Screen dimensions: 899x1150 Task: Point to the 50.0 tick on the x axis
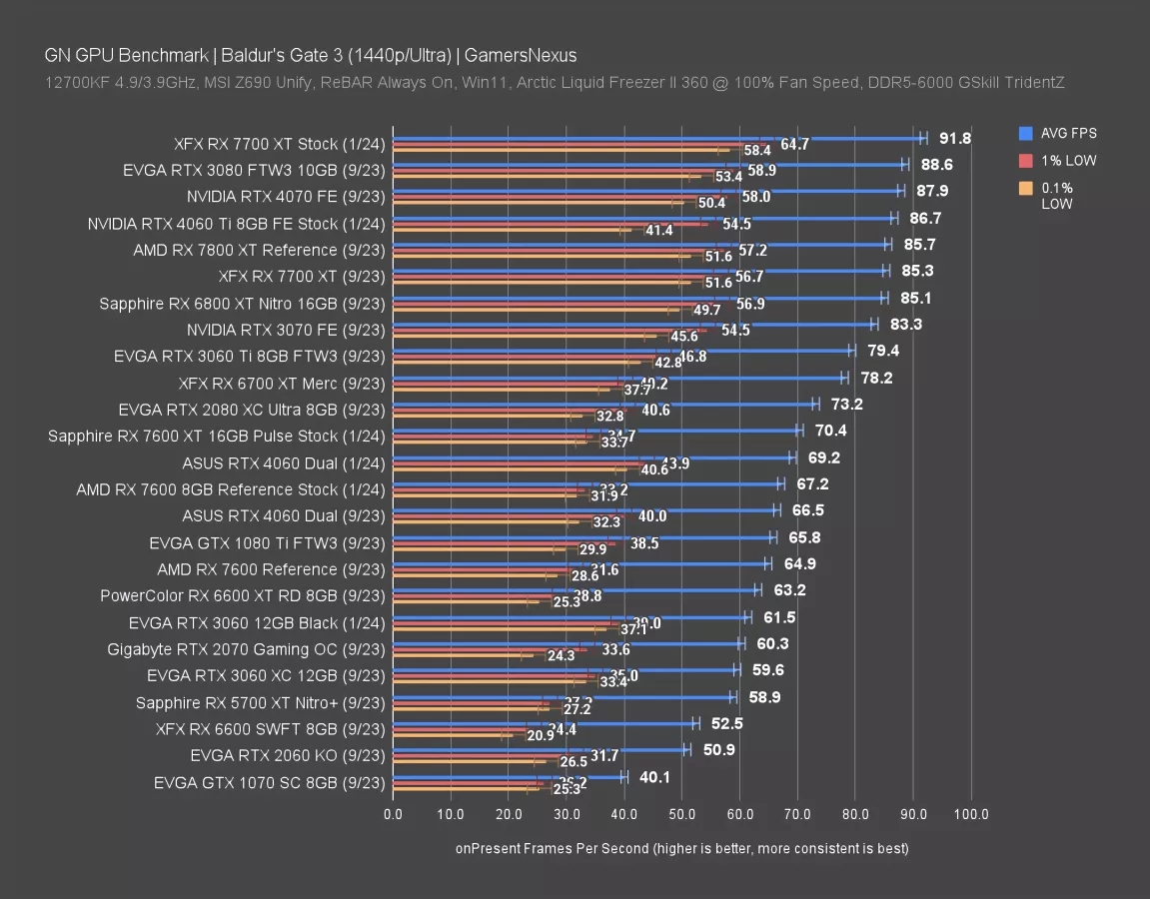(681, 814)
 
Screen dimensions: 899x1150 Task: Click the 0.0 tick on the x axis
(394, 814)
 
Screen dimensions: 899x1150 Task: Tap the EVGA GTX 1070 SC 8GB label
(269, 782)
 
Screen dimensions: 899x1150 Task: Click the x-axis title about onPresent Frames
(681, 848)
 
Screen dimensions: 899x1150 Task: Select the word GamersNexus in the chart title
(526, 55)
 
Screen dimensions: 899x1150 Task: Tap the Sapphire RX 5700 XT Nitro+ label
(260, 702)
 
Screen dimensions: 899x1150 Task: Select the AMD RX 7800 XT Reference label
(259, 250)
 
